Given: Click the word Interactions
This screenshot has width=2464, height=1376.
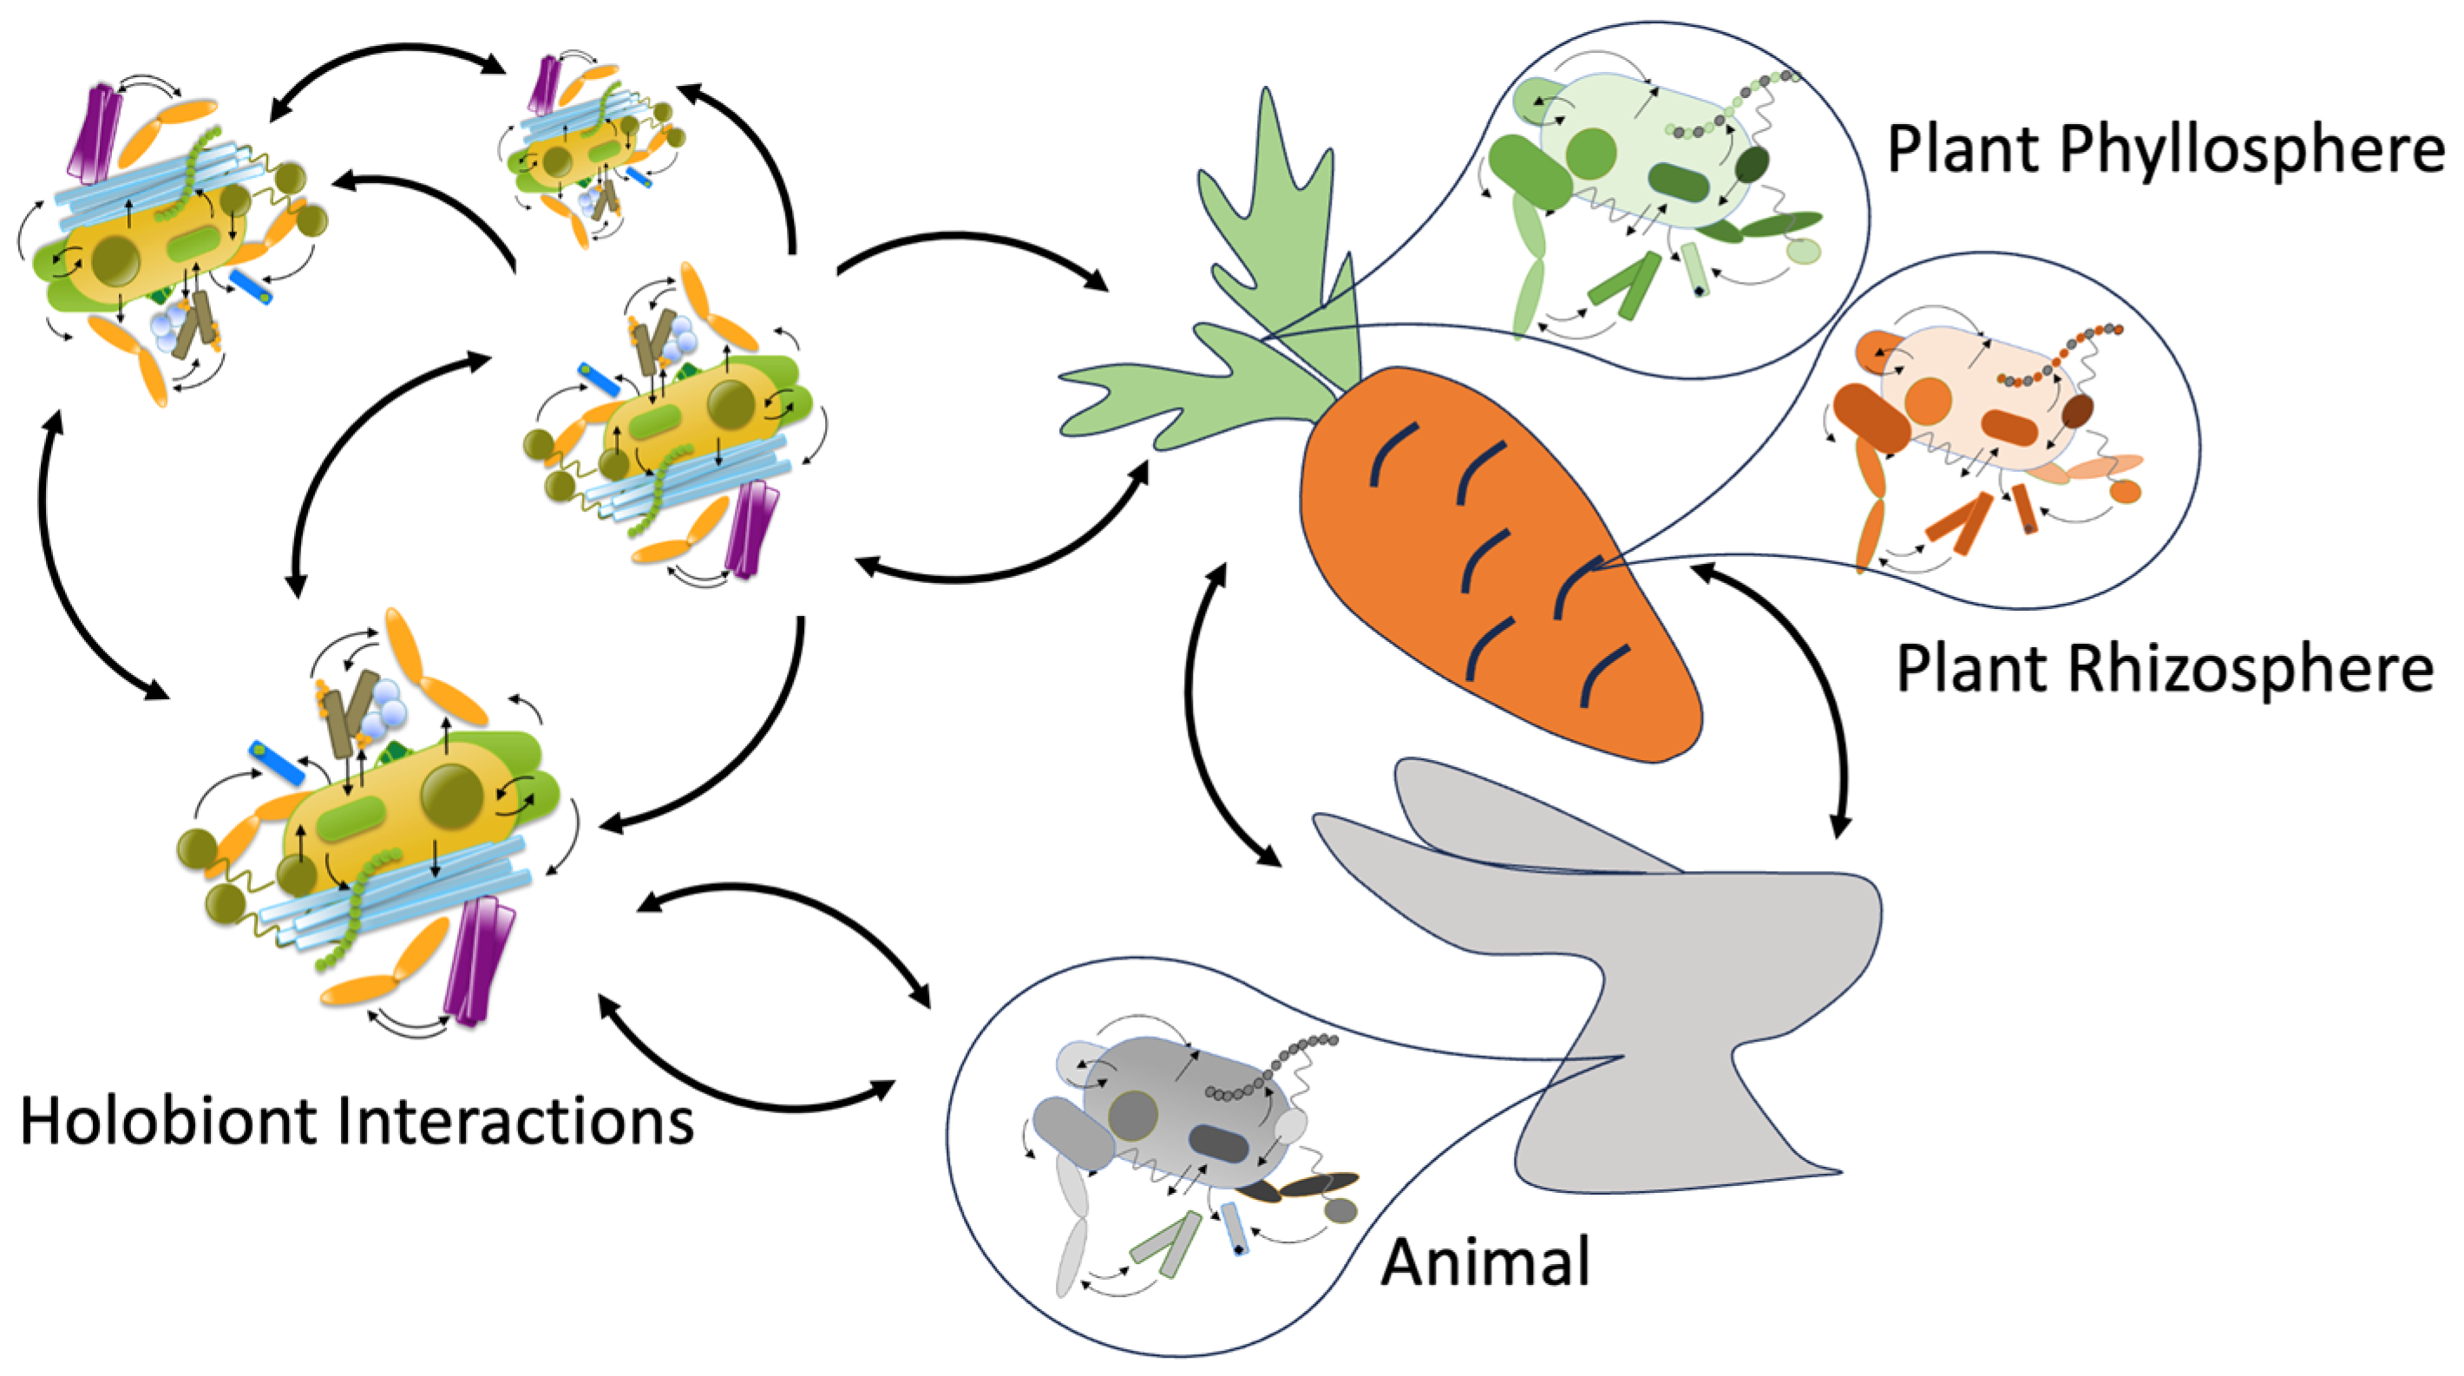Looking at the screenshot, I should (x=516, y=1121).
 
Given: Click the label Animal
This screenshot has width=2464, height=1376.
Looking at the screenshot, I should (x=1485, y=1262).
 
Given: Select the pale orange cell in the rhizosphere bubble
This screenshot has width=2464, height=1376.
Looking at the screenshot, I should (x=1970, y=402).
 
